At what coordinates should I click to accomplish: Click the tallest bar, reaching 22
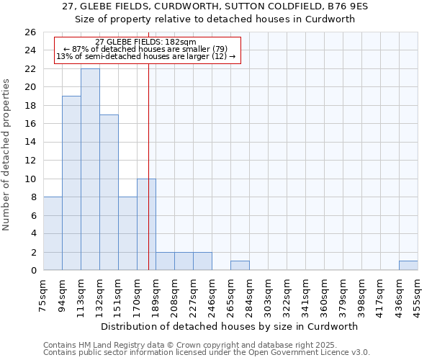(90, 169)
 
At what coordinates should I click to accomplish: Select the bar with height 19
(71, 183)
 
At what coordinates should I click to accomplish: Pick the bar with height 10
(146, 225)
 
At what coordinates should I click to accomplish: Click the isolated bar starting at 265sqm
(240, 266)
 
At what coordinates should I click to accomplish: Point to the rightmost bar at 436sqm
(408, 266)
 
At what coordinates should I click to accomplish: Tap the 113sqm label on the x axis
(81, 294)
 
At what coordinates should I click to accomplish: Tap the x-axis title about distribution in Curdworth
(230, 326)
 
